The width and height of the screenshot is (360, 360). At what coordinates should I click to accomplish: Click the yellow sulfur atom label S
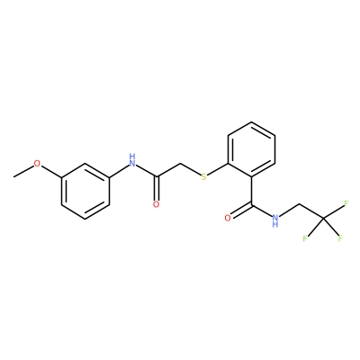204,177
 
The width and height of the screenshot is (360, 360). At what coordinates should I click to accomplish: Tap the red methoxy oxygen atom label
37,164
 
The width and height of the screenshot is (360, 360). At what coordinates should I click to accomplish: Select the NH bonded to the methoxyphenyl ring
132,160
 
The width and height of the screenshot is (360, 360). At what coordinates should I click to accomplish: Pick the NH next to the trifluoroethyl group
274,220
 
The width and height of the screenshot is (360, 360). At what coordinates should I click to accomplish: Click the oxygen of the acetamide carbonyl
156,204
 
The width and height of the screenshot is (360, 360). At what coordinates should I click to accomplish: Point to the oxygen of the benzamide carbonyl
228,218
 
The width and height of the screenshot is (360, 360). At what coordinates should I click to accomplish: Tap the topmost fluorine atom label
346,203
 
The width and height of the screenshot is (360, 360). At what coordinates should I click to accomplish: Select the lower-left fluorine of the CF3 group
305,238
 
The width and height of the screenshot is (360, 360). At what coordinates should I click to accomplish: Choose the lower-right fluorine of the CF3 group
340,238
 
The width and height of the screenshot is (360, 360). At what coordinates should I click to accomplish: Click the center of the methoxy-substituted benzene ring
85,192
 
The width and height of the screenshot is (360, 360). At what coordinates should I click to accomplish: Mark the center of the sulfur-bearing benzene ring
251,149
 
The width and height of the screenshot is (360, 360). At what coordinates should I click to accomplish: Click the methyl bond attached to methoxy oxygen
23,171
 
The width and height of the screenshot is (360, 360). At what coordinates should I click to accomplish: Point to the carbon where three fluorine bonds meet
323,219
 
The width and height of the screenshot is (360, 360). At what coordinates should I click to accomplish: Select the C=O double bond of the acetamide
156,189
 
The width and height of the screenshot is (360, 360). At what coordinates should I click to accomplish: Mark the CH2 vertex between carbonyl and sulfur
180,164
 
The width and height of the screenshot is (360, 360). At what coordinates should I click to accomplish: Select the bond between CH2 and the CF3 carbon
311,212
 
